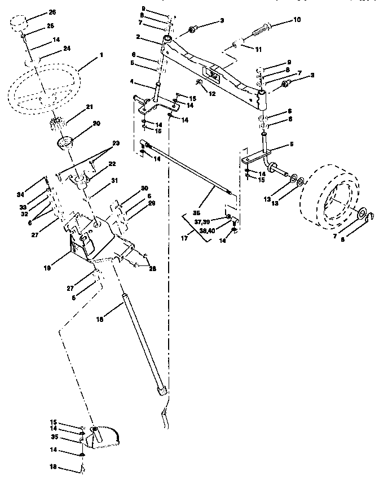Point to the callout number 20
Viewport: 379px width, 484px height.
[x=96, y=124]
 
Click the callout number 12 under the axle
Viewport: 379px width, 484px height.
[x=212, y=94]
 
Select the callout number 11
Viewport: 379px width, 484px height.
[x=259, y=50]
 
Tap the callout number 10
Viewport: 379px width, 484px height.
[x=297, y=20]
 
